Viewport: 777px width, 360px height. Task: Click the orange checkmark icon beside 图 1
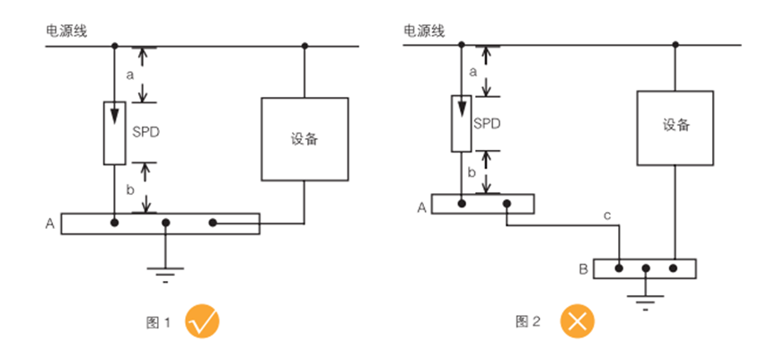coord(203,321)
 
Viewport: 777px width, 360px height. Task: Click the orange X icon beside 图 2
coord(578,321)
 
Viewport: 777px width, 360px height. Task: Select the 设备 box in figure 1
coord(305,139)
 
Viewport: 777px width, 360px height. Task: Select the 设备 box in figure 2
coord(675,127)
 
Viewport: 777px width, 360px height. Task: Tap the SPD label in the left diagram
coord(146,130)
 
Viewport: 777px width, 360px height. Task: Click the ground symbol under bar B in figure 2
coord(646,297)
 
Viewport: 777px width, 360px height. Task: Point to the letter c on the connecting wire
coord(608,215)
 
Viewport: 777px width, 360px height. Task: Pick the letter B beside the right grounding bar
coord(584,268)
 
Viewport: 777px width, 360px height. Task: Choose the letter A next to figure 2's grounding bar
coord(419,206)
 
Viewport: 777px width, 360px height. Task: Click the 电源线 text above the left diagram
coord(66,31)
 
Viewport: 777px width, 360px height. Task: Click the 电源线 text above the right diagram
coord(423,31)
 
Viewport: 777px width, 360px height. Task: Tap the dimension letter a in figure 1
coord(129,75)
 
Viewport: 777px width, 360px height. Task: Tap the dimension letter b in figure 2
coord(472,171)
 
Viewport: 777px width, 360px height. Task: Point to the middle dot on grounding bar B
coord(646,268)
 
